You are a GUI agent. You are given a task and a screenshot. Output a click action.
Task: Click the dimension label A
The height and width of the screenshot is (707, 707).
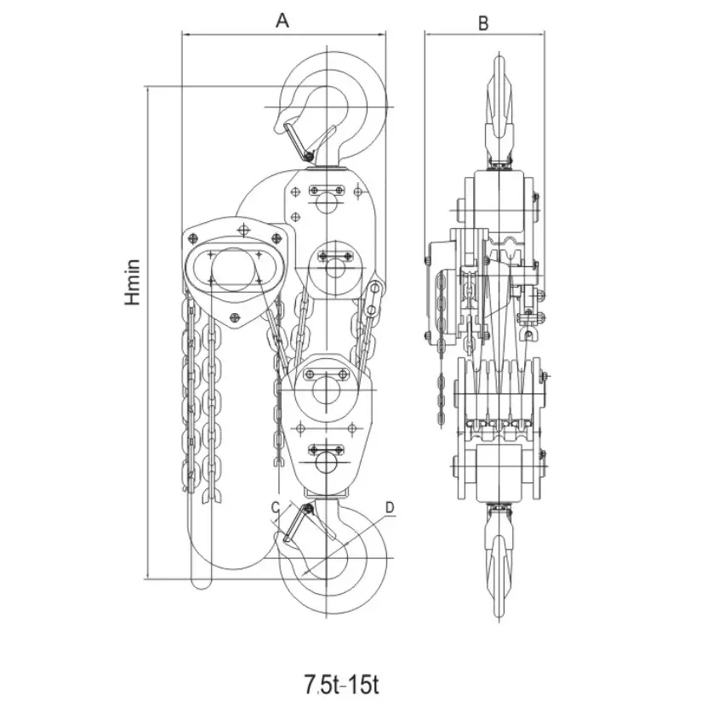click(x=282, y=20)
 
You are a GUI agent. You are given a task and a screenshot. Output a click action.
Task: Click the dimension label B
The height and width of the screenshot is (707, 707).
click(x=483, y=23)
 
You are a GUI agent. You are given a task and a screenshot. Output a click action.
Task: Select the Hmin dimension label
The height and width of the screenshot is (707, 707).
click(x=133, y=282)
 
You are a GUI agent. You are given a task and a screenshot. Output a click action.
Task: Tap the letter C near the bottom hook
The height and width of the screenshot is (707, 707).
click(x=276, y=508)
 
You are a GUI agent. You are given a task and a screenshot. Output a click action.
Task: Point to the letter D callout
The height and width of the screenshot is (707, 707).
click(x=390, y=507)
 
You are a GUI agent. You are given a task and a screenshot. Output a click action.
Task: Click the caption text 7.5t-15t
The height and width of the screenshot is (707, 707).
click(x=341, y=683)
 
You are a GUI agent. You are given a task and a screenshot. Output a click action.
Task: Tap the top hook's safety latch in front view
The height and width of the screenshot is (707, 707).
click(x=298, y=140)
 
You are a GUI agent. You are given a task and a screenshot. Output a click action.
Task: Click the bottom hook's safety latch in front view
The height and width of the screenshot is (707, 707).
click(x=297, y=523)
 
